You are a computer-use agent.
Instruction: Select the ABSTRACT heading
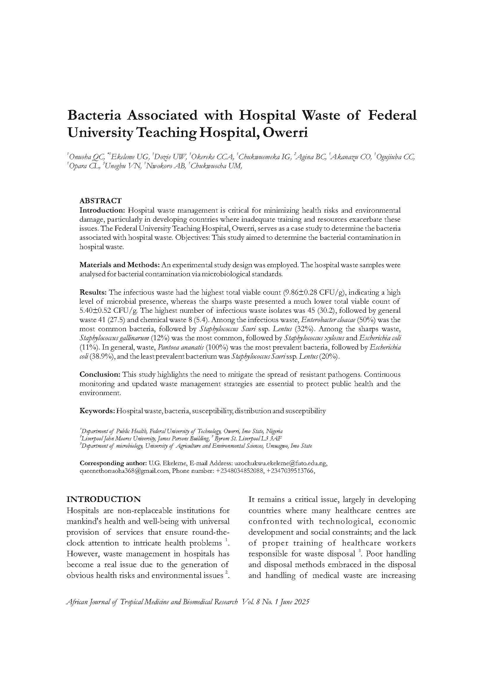pyautogui.click(x=100, y=201)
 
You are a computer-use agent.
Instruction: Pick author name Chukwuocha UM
pyautogui.click(x=216, y=166)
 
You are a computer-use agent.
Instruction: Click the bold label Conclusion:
pyautogui.click(x=100, y=374)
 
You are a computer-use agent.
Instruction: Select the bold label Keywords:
pyautogui.click(x=97, y=411)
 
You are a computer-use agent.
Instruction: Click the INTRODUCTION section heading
pyautogui.click(x=103, y=499)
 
